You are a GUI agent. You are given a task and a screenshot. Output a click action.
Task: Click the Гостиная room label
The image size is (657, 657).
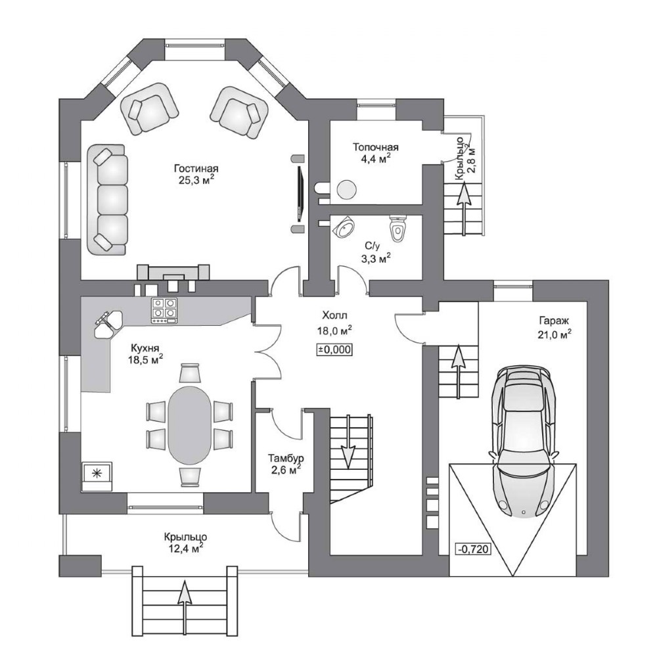(196, 168)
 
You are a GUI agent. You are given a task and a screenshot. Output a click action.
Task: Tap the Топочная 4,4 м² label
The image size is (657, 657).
(375, 152)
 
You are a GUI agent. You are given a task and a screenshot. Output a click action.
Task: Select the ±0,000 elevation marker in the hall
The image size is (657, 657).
(334, 350)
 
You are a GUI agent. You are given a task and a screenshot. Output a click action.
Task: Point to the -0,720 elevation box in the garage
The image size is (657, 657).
(473, 549)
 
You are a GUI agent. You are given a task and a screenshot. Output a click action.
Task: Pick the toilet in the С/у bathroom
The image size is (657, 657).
(398, 229)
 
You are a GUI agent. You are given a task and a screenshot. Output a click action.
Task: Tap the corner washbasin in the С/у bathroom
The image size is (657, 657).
(344, 227)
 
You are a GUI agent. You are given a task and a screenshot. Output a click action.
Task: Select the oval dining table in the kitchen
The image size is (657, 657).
(189, 425)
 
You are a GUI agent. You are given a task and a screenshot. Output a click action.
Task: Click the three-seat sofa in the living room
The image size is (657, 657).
(107, 200)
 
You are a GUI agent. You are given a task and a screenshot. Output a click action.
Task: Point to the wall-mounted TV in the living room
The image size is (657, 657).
(300, 194)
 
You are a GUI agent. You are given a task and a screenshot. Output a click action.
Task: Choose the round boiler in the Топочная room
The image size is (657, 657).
(347, 190)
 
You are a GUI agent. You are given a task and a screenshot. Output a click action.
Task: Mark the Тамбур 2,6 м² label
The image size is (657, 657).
(286, 464)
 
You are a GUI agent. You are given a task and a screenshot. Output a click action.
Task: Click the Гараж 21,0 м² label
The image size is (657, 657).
(555, 328)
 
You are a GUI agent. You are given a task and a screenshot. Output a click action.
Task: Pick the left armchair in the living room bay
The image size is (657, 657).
(150, 108)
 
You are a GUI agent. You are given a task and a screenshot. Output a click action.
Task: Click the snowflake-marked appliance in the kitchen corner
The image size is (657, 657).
(97, 476)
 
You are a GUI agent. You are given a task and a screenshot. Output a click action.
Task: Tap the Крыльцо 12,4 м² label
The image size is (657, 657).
(185, 542)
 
